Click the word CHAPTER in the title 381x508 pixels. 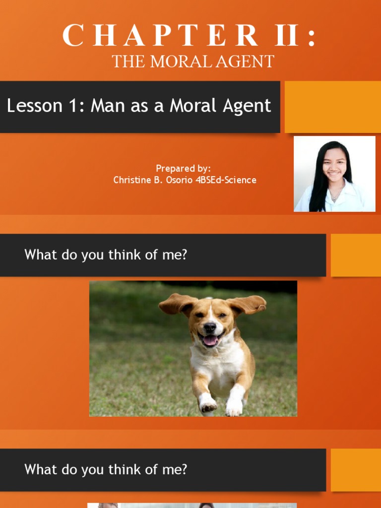click(160, 35)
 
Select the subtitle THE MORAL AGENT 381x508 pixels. click(193, 61)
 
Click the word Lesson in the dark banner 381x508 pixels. click(34, 106)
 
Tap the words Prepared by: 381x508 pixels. click(184, 169)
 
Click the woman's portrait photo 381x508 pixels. click(334, 174)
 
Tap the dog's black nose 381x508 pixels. click(209, 328)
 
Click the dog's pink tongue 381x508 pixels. click(210, 340)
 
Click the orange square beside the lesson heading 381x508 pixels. click(333, 107)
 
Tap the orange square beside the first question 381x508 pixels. click(356, 255)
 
